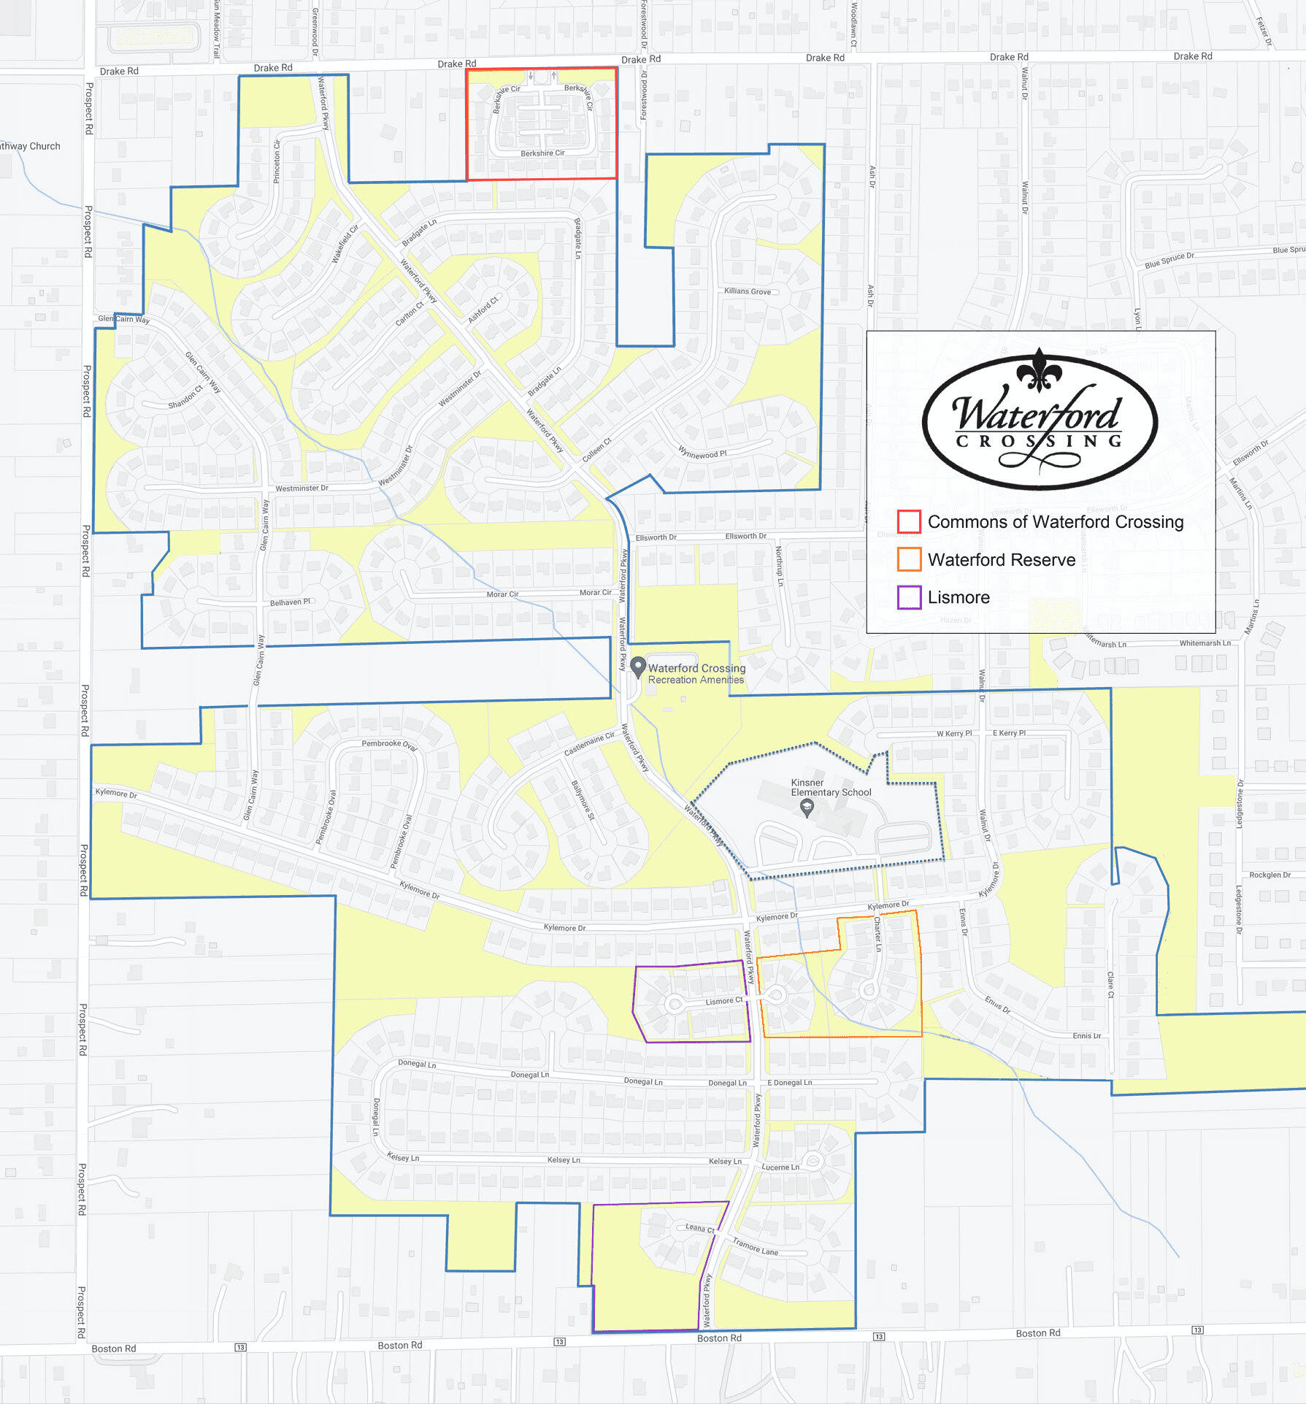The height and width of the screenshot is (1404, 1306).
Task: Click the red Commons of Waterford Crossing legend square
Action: click(908, 521)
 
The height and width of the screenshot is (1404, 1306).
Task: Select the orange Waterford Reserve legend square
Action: click(909, 559)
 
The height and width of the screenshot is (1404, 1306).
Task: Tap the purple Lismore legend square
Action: click(909, 597)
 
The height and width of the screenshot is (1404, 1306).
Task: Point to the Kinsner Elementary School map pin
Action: click(807, 808)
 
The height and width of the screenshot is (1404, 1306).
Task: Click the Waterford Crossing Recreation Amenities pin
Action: click(638, 667)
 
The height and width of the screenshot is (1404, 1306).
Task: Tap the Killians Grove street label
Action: click(747, 291)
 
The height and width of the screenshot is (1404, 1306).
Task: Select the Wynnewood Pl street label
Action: click(702, 453)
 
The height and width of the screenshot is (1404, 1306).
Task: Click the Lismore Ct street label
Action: click(723, 1001)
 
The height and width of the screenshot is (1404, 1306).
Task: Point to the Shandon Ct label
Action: click(185, 397)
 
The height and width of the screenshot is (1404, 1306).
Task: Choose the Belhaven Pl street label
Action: click(290, 602)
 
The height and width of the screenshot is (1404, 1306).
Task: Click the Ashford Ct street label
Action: click(483, 310)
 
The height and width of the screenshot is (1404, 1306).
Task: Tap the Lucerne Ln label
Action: click(780, 1167)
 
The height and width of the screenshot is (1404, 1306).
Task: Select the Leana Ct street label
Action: click(699, 1228)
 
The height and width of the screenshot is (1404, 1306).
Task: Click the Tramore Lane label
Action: click(755, 1246)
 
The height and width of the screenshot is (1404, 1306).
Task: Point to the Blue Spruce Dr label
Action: click(1169, 260)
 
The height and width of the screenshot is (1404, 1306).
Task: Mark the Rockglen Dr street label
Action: click(1269, 875)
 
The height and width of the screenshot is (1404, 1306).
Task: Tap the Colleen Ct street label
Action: click(596, 450)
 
